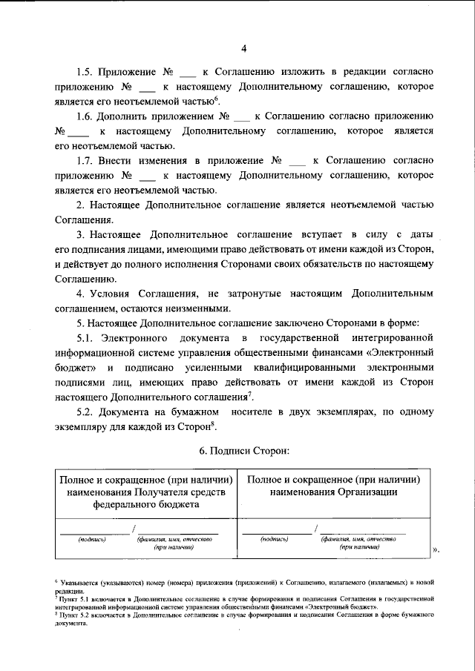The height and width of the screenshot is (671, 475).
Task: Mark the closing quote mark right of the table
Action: [x=436, y=549]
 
